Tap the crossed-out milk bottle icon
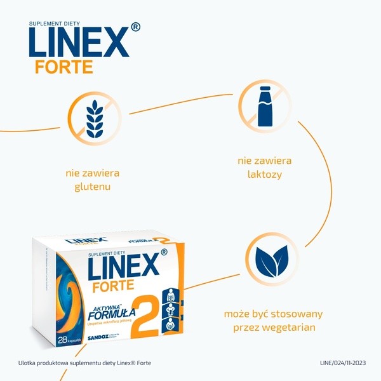pyautogui.click(x=265, y=106)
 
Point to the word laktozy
pyautogui.click(x=265, y=173)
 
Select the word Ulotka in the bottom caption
pyautogui.click(x=29, y=363)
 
